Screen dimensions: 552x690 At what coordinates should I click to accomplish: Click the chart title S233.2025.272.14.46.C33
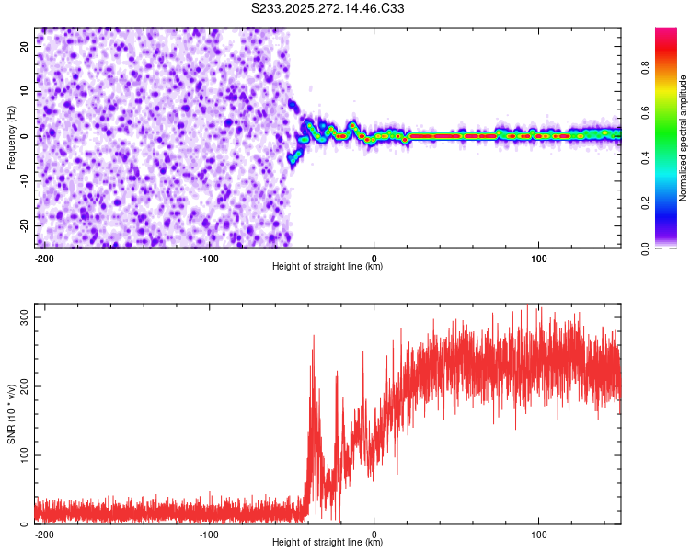pyautogui.click(x=328, y=9)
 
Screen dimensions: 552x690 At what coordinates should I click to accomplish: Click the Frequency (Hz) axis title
pyautogui.click(x=11, y=137)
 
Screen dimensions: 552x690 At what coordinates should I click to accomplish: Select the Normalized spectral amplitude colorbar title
pyautogui.click(x=684, y=138)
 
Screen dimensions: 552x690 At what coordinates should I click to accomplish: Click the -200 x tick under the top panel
pyautogui.click(x=43, y=258)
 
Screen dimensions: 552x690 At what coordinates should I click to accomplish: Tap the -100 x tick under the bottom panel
pyautogui.click(x=209, y=534)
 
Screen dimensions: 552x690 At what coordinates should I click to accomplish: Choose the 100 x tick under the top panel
pyautogui.click(x=538, y=258)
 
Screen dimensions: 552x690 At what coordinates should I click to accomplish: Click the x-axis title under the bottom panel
pyautogui.click(x=328, y=543)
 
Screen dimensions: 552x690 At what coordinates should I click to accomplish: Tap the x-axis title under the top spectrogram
pyautogui.click(x=328, y=267)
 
